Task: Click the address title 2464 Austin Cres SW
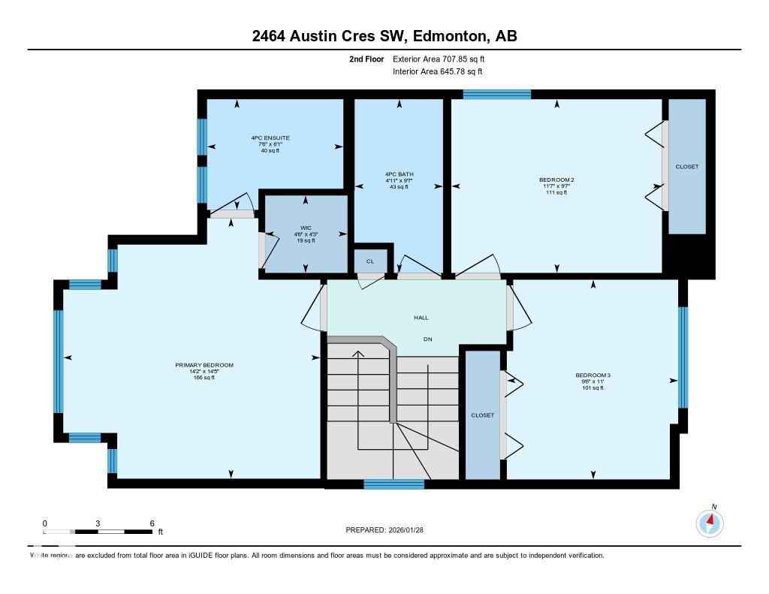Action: [x=384, y=36]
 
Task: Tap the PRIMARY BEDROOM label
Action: [x=204, y=365]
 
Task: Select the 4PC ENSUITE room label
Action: [x=270, y=138]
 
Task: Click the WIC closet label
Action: [x=305, y=227]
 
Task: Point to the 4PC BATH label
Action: [x=399, y=174]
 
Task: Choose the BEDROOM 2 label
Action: [x=556, y=179]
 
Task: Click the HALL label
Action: [x=421, y=318]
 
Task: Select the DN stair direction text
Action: [x=427, y=339]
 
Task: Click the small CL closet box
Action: [x=370, y=261]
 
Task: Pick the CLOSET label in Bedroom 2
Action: [x=686, y=167]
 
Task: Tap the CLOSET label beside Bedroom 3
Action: [x=482, y=415]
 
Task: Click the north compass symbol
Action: [x=710, y=522]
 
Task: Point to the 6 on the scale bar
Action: [x=152, y=523]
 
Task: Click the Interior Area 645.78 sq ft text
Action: [x=437, y=71]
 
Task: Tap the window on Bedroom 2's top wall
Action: [x=496, y=95]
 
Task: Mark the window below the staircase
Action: [x=394, y=484]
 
